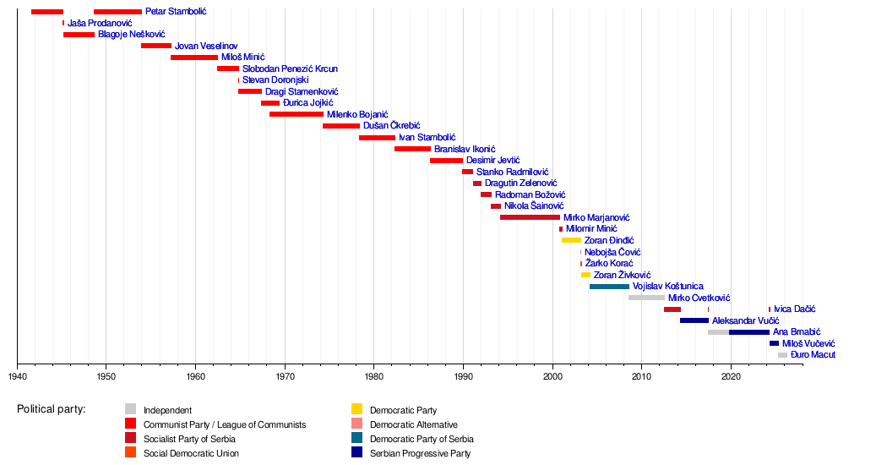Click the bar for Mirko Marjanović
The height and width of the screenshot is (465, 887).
(x=530, y=217)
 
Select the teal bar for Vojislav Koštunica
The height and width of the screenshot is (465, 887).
(x=609, y=287)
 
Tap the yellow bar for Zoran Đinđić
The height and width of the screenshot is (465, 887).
(x=571, y=240)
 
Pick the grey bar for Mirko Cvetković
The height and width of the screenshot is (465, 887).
(x=646, y=298)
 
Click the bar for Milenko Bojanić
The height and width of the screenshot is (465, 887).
(x=297, y=114)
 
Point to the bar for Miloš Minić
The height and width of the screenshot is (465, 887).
(x=194, y=57)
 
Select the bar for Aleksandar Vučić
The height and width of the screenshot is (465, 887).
(x=694, y=320)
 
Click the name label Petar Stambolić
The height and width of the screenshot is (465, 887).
(x=176, y=12)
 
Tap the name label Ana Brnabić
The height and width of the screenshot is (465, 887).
(x=797, y=332)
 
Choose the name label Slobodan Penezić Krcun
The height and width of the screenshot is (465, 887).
(x=290, y=68)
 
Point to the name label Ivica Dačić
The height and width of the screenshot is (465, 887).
(x=795, y=309)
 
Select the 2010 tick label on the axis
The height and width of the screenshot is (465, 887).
(x=641, y=376)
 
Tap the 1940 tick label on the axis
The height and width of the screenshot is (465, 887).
(x=17, y=376)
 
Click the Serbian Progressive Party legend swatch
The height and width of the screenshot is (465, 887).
(x=356, y=453)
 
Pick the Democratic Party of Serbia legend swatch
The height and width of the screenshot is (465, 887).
(x=356, y=439)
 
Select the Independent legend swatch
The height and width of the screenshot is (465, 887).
(x=131, y=410)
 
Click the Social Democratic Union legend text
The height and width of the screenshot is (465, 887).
(x=191, y=453)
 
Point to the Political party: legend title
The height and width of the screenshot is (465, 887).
(x=51, y=410)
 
